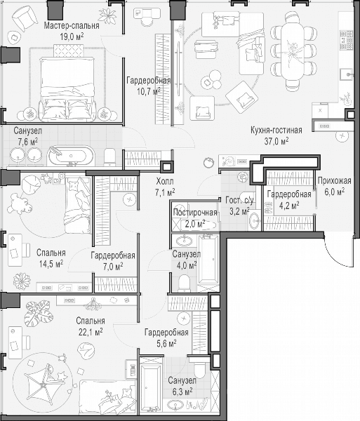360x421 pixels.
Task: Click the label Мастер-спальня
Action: tap(72, 26)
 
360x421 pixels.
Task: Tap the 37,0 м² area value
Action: tap(276, 141)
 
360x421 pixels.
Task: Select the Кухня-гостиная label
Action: tap(276, 131)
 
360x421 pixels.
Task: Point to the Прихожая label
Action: tap(334, 181)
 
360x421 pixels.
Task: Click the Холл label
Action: tap(165, 182)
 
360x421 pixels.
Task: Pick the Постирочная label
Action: tap(195, 213)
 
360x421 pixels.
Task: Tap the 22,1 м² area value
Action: tap(91, 332)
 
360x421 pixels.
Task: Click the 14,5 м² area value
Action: tap(51, 264)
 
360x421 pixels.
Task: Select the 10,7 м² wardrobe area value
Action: tap(149, 91)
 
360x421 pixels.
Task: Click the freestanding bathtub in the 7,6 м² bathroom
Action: tap(71, 156)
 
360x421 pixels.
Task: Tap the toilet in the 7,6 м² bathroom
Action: tap(109, 156)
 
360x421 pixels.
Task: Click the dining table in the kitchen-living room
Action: tap(293, 51)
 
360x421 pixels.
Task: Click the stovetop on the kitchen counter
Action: tap(346, 40)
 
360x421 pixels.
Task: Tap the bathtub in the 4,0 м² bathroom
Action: tap(208, 259)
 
